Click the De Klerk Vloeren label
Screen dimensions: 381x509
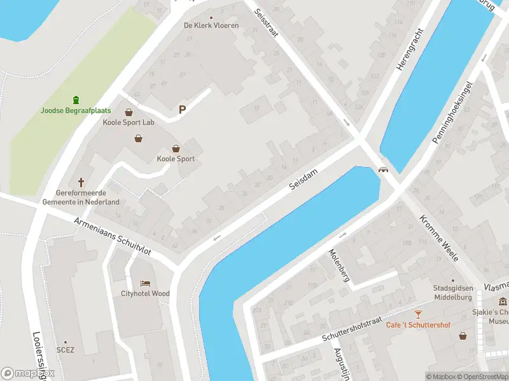(211, 25)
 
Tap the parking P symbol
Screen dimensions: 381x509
(182, 110)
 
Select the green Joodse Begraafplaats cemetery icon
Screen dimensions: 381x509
(76, 99)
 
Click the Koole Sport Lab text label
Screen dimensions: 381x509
(129, 122)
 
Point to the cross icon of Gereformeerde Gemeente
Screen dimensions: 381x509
(81, 182)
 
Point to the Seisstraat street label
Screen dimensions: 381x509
(266, 23)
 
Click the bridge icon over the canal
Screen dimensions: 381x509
(383, 170)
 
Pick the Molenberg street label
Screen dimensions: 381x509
(338, 264)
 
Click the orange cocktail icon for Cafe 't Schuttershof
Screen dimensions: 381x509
(418, 314)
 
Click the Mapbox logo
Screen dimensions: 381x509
(27, 373)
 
